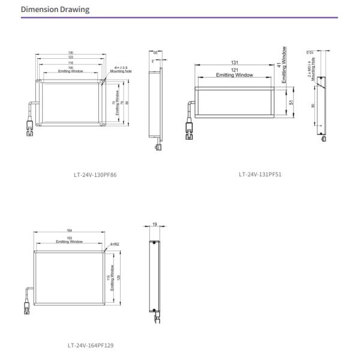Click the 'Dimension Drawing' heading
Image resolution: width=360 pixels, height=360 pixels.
coord(55,10)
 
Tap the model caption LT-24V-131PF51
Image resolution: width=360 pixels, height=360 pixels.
coord(260,175)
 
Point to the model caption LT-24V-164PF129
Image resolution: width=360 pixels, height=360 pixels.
coord(91,345)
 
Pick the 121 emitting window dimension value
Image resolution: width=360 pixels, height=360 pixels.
coord(234,70)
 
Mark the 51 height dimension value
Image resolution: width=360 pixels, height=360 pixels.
coord(291,103)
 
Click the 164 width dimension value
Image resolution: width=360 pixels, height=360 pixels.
coord(70,230)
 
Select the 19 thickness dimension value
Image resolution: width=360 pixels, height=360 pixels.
coord(155,224)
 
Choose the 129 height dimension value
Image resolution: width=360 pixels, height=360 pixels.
coord(119,278)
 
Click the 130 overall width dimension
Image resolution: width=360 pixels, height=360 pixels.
coord(71,53)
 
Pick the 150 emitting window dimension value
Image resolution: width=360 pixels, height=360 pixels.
coord(70,238)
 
